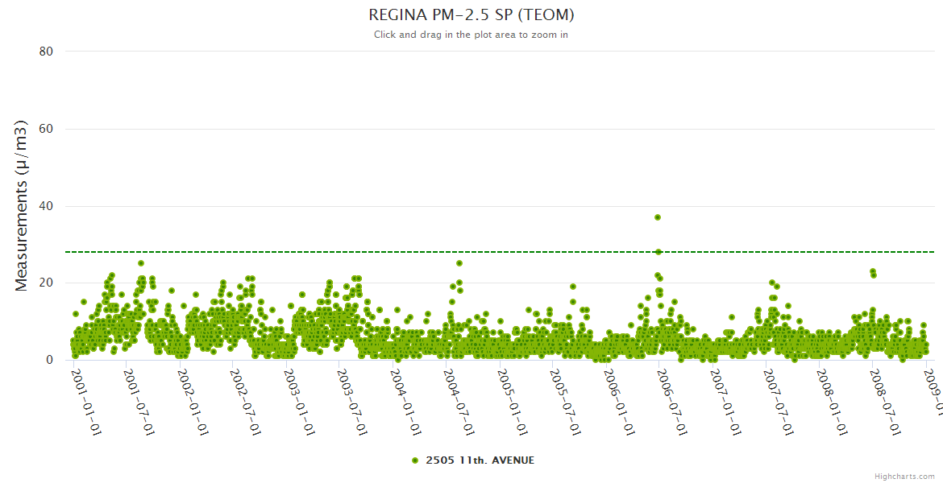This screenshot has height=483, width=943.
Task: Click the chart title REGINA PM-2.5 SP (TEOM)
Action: (x=471, y=14)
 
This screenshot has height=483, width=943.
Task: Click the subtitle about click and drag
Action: (x=471, y=35)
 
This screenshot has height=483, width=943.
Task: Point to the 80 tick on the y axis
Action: (x=46, y=52)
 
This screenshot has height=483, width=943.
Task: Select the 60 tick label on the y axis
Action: (x=46, y=129)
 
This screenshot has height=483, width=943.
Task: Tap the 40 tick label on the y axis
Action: (x=46, y=206)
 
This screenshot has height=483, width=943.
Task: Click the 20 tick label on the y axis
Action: (x=46, y=283)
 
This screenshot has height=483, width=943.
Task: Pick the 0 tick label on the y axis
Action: (x=49, y=361)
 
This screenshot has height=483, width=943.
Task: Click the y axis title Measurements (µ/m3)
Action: (x=22, y=205)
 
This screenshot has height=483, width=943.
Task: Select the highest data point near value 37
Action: (x=658, y=217)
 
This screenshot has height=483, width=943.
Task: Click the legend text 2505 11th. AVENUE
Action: (x=480, y=460)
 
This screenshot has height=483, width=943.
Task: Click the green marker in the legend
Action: (x=415, y=460)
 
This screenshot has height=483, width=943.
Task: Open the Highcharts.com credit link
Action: (x=904, y=476)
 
